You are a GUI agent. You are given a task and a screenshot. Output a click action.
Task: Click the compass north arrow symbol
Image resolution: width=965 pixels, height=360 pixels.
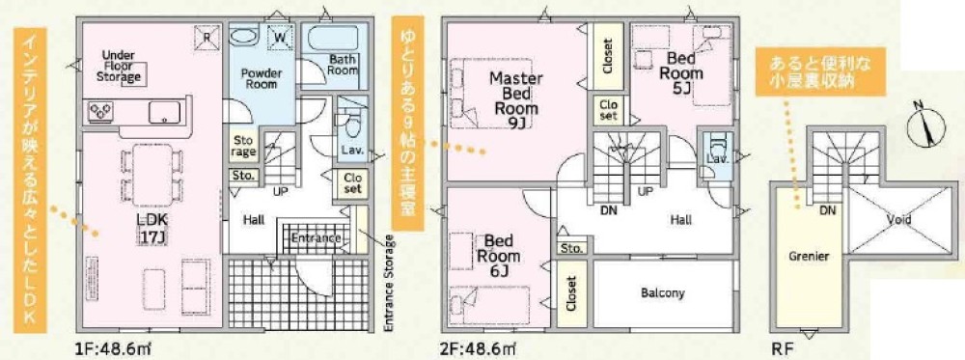point(925,126)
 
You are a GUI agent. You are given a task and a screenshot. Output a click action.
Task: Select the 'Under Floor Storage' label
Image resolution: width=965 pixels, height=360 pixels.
point(122,66)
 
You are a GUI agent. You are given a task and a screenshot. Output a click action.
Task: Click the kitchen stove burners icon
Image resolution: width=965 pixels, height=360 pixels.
point(101,111)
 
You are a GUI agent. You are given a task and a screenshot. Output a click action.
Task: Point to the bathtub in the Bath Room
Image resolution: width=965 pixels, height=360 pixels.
point(332,40)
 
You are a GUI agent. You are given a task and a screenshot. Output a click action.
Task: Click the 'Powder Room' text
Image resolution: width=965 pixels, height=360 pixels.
point(261,78)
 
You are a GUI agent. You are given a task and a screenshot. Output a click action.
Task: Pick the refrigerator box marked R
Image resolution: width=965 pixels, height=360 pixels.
point(207,37)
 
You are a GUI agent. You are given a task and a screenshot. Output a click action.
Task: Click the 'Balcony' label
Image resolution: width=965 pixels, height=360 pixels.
point(662,293)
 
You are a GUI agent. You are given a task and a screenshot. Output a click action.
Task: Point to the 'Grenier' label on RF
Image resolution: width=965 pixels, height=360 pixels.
point(809,256)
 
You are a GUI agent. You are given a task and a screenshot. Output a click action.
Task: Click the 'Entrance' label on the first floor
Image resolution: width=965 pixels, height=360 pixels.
point(316,238)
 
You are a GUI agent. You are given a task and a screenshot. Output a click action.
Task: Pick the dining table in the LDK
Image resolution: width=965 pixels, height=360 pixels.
point(152,171)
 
